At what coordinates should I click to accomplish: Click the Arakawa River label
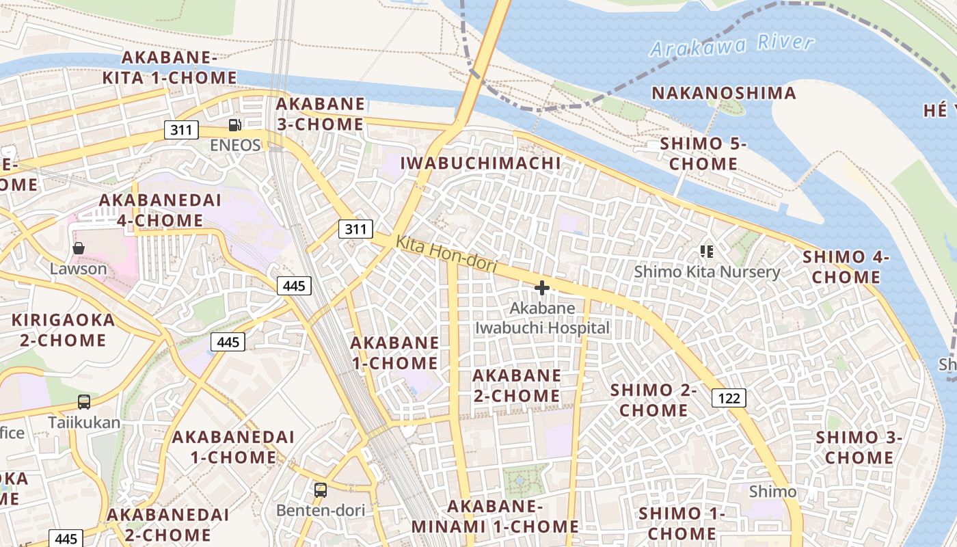click(x=731, y=46)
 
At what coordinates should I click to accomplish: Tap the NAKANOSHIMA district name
click(x=724, y=93)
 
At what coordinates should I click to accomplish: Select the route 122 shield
click(x=729, y=398)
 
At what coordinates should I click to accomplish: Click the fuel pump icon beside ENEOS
click(x=234, y=125)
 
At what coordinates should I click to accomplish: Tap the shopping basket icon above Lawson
click(x=79, y=248)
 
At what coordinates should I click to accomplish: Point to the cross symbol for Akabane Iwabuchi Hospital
click(x=542, y=288)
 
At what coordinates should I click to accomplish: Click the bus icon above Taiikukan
click(x=84, y=402)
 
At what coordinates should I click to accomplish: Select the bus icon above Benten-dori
click(x=321, y=490)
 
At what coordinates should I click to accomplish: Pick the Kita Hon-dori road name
click(x=446, y=254)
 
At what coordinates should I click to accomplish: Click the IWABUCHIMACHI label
click(x=480, y=163)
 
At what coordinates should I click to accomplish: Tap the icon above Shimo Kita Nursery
click(x=707, y=252)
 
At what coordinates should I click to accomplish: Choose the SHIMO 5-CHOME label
click(x=703, y=154)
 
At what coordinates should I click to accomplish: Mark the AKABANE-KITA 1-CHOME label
click(x=170, y=68)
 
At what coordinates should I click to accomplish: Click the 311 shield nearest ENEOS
click(x=181, y=130)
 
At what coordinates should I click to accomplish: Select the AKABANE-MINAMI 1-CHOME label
click(x=495, y=517)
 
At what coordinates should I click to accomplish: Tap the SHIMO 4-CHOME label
click(x=846, y=267)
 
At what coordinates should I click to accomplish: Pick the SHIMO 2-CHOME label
click(x=653, y=400)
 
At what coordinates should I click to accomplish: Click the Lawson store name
click(x=79, y=269)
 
